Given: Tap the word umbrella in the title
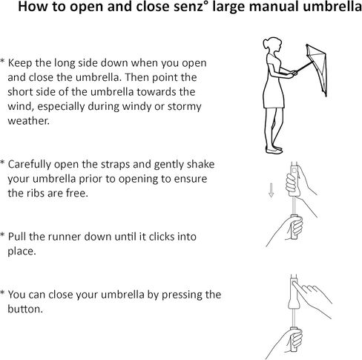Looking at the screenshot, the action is (x=332, y=7).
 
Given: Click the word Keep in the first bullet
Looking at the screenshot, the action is (x=20, y=63).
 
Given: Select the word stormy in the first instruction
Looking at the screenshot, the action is (x=185, y=107).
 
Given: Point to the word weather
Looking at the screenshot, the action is (x=29, y=121).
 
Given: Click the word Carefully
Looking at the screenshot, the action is (x=30, y=165).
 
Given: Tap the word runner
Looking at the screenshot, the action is (x=65, y=237).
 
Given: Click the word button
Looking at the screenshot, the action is (x=25, y=310).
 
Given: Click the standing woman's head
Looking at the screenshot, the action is (x=272, y=45).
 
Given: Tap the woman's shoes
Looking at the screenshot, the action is (x=274, y=149).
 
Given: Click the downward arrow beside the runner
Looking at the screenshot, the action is (x=271, y=190).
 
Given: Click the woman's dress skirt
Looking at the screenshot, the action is (x=274, y=94).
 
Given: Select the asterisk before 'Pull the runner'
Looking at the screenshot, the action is (x=2, y=235).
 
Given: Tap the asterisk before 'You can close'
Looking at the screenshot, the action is (x=2, y=293).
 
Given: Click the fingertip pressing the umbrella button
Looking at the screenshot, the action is (x=294, y=283).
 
